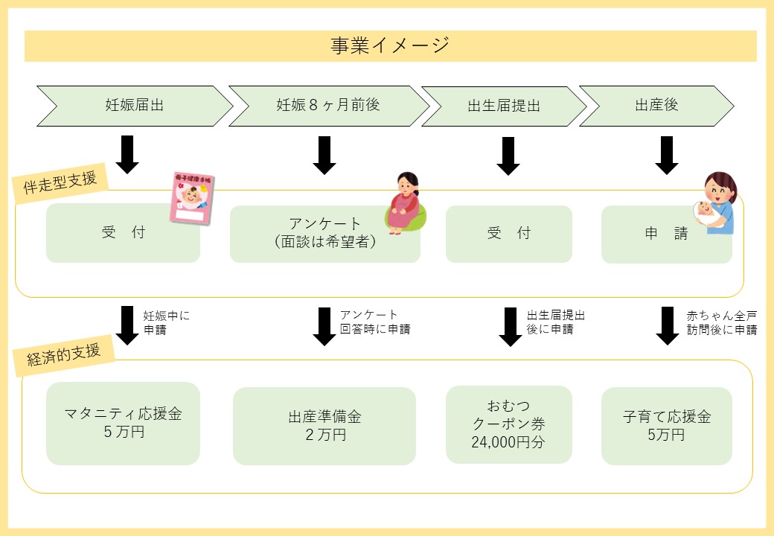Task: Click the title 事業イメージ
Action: point(390,45)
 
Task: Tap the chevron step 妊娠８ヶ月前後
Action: point(329,106)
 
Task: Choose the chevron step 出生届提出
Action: point(504,106)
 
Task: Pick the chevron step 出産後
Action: point(656,106)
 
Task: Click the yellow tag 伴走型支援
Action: point(60,182)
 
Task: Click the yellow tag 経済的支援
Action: point(64,355)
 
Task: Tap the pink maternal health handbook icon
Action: point(192,199)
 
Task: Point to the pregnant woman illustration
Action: point(406,202)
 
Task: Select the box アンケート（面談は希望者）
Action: point(324,234)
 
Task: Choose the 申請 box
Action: point(666,234)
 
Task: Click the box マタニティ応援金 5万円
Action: point(123,423)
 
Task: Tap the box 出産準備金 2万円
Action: point(324,426)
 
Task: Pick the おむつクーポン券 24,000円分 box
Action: point(509,424)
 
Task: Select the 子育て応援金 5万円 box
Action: point(666,426)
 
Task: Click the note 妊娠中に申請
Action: point(167,322)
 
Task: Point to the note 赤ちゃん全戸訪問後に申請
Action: point(722,322)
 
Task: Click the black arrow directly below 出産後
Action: point(666,156)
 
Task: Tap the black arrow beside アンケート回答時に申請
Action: point(324,326)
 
